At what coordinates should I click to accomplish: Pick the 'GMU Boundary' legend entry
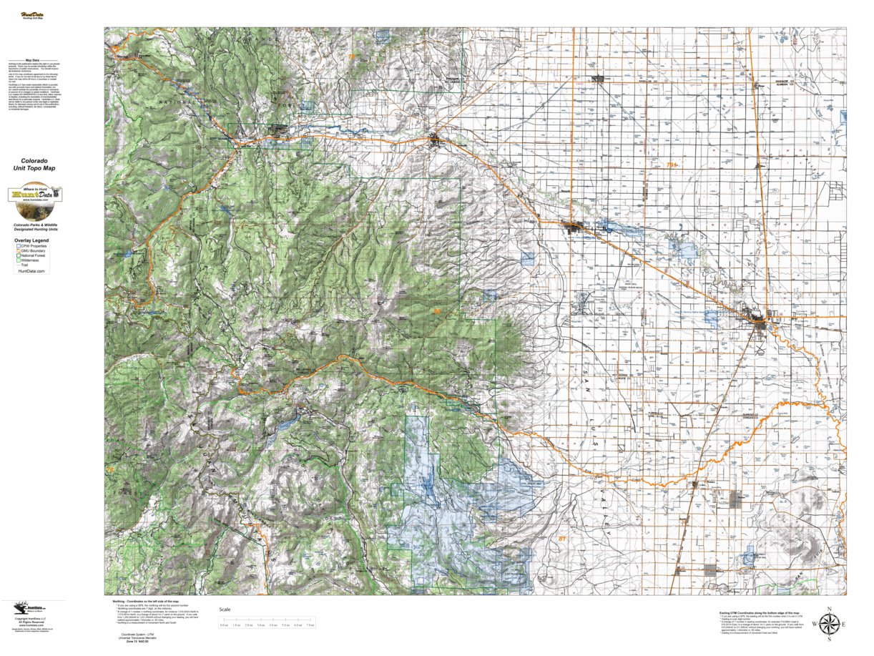pos(34,251)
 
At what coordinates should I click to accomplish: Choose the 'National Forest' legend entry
pos(34,256)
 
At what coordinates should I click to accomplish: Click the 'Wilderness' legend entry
pos(30,261)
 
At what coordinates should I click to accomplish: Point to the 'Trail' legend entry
pos(26,266)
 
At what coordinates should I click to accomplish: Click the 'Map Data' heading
pos(32,61)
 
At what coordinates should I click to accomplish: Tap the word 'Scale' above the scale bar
pos(225,609)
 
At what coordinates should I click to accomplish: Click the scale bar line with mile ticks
pos(267,620)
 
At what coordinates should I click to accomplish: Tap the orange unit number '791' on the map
pos(670,165)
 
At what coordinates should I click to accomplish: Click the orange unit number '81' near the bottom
pos(562,538)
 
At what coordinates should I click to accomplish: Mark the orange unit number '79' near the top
pos(350,57)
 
